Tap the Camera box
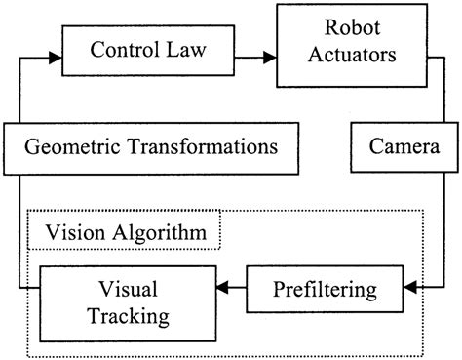tap(402, 147)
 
